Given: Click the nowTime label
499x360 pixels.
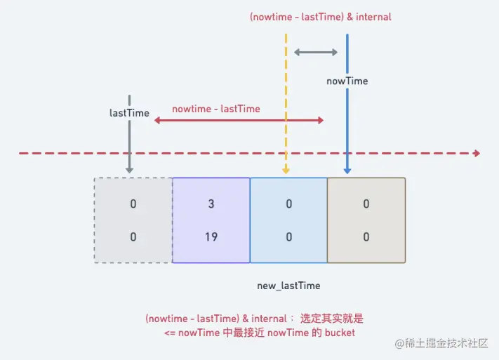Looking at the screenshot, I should point(347,81).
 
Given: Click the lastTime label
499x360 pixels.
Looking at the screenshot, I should point(130,112).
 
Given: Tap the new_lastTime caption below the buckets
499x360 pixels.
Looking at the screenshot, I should point(289,286).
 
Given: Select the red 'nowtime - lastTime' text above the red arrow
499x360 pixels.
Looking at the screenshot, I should point(216,109).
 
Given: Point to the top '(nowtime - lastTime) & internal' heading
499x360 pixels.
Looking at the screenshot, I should point(321,17).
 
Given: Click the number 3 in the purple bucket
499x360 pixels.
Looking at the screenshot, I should point(211,204).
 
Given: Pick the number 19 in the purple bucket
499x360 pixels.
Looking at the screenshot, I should point(211,237).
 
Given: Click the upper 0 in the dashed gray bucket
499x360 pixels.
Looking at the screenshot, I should point(133,204).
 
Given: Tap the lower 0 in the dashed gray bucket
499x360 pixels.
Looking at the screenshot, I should point(133,237).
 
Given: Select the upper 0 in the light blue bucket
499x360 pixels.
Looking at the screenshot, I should point(288,204).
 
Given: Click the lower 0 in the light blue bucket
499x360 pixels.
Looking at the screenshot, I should point(288,237).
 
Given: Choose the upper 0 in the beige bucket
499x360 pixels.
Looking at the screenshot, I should point(366,204).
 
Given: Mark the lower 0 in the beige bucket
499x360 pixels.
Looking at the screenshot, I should point(366,237).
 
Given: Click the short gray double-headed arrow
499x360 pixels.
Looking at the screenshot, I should point(316,52).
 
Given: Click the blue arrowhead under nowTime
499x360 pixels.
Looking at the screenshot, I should point(347,170).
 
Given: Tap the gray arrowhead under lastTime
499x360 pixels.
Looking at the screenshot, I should point(130,169).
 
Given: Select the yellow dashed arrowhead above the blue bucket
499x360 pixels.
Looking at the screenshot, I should point(286,170).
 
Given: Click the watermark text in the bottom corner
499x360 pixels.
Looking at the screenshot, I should point(444,344).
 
